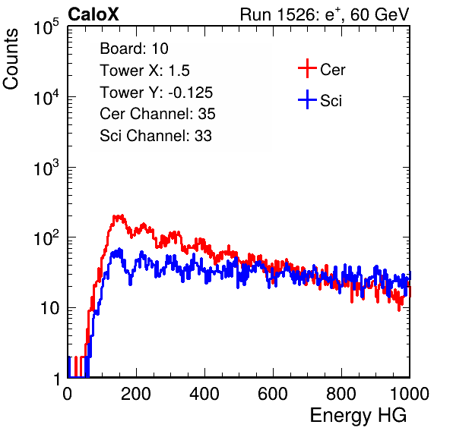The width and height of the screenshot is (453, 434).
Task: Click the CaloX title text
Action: point(93,14)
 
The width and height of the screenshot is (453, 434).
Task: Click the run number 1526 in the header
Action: point(296,14)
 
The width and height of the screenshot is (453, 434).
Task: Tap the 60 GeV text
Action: point(379,14)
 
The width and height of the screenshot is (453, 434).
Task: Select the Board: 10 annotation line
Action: point(134,49)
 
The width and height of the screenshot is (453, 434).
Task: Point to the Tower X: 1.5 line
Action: point(144,71)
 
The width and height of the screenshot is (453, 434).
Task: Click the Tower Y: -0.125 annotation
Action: point(157,93)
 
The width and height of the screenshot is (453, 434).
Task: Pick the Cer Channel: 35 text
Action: point(157,114)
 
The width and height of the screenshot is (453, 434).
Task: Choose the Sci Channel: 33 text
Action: point(156,136)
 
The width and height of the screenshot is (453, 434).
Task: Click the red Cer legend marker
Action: point(307,68)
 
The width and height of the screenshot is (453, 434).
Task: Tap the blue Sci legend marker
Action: point(307,100)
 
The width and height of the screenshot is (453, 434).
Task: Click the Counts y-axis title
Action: point(11,59)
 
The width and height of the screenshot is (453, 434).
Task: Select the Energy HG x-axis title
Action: point(358,415)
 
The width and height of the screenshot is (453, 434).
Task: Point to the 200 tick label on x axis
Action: point(136,394)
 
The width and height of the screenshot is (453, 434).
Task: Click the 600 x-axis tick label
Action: point(273,394)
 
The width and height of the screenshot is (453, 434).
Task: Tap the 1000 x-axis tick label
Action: point(410,394)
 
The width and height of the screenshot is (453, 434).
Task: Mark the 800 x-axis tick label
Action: point(341,394)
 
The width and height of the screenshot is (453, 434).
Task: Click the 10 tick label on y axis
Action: point(50,308)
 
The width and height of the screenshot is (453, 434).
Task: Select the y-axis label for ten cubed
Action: point(46,168)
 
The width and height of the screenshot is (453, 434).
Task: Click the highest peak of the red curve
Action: point(122,215)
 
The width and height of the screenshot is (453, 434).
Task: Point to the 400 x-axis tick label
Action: point(204,394)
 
